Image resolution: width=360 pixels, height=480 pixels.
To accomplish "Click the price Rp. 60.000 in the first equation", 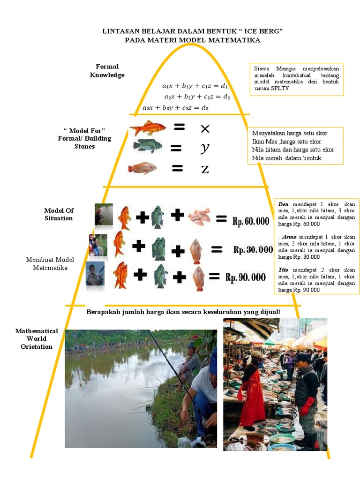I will pyautogui.click(x=251, y=221).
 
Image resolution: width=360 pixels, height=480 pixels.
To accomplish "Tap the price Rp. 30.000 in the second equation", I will pyautogui.click(x=253, y=250).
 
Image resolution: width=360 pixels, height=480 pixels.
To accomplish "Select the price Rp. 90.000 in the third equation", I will pyautogui.click(x=246, y=277).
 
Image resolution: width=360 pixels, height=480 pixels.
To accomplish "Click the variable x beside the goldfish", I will pyautogui.click(x=204, y=128).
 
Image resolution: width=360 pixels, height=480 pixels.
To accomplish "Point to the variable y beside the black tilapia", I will pyautogui.click(x=204, y=149).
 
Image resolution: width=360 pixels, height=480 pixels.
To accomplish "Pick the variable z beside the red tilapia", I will pyautogui.click(x=205, y=169).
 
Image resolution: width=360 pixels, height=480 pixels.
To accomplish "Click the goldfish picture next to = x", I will pyautogui.click(x=148, y=127).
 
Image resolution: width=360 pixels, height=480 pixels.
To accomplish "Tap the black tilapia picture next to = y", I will pyautogui.click(x=147, y=146).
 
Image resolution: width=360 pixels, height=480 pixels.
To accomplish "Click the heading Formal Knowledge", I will pyautogui.click(x=107, y=71).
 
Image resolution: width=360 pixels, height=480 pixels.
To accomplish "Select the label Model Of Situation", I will pyautogui.click(x=59, y=214).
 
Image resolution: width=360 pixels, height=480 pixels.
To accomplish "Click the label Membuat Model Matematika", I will pyautogui.click(x=50, y=263).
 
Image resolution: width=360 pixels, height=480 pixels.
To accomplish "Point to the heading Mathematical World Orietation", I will pyautogui.click(x=37, y=338).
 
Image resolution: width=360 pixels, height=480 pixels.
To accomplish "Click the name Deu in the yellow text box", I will pyautogui.click(x=283, y=205).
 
